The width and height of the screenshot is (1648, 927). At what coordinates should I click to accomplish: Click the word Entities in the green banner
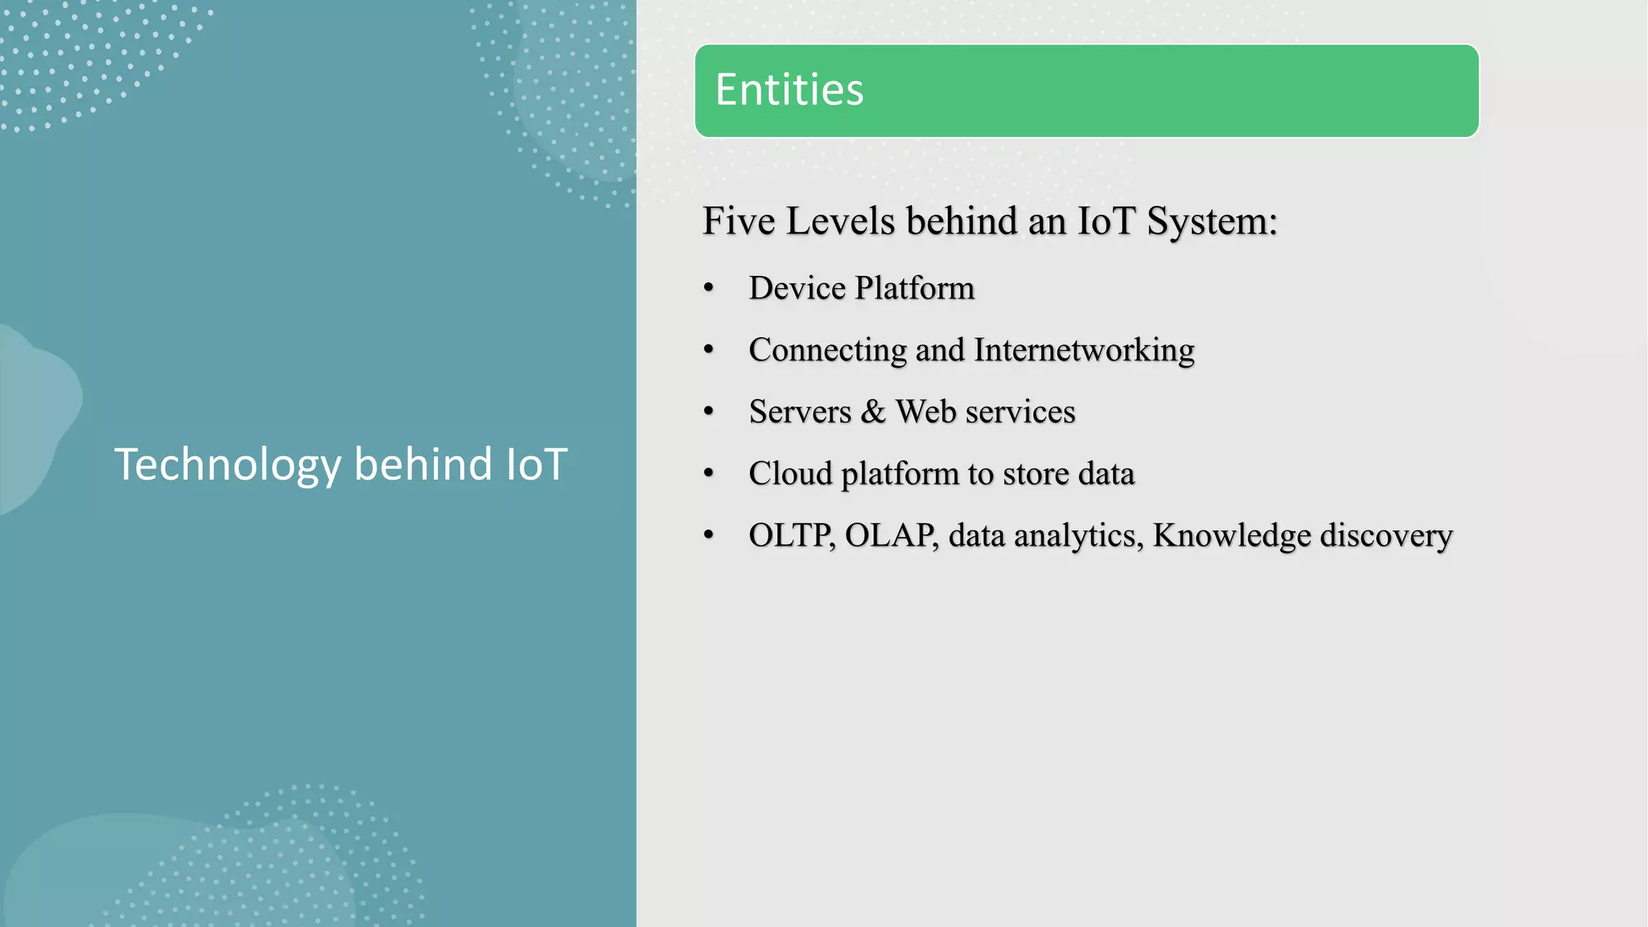click(789, 89)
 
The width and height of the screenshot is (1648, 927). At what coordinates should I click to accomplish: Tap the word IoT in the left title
click(537, 464)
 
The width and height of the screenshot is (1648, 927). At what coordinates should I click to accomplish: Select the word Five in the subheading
click(739, 221)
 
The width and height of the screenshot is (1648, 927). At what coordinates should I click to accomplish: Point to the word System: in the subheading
click(1212, 221)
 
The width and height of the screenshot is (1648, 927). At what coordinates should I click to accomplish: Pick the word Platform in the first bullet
click(914, 288)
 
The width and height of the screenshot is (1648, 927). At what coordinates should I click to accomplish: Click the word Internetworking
click(1084, 350)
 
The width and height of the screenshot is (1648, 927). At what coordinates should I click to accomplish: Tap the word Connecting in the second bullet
click(827, 351)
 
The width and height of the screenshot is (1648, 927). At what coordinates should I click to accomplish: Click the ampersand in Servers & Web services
click(873, 412)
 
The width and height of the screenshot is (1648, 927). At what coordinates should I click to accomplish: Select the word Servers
click(800, 412)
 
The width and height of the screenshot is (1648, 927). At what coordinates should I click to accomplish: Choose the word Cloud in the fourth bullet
click(790, 474)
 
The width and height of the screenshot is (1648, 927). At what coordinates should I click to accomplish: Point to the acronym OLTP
click(791, 536)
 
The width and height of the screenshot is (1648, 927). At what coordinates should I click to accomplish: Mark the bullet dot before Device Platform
click(708, 288)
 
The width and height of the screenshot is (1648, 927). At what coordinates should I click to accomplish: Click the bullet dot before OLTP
click(708, 535)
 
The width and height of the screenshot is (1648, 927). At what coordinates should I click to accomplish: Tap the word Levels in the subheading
click(840, 221)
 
